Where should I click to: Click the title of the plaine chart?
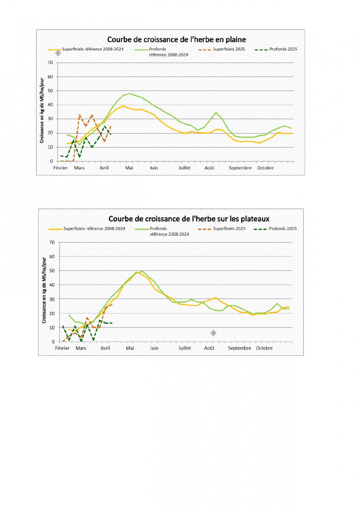pyautogui.click(x=176, y=39)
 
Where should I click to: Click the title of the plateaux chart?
pyautogui.click(x=189, y=219)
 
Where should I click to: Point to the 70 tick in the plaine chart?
pyautogui.click(x=50, y=62)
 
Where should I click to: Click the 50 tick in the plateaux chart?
pyautogui.click(x=52, y=271)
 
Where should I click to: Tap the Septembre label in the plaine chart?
pyautogui.click(x=240, y=168)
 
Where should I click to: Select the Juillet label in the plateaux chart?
pyautogui.click(x=184, y=348)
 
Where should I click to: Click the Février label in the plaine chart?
pyautogui.click(x=60, y=168)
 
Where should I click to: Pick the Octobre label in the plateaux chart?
pyautogui.click(x=264, y=348)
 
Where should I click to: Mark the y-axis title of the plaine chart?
pyautogui.click(x=42, y=110)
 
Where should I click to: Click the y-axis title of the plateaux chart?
pyautogui.click(x=44, y=291)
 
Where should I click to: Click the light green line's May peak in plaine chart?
pyautogui.click(x=129, y=94)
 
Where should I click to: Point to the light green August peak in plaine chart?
pyautogui.click(x=216, y=112)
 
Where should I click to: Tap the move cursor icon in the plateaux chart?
pyautogui.click(x=213, y=333)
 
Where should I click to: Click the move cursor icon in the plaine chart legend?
pyautogui.click(x=58, y=53)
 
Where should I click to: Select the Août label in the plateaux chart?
pyautogui.click(x=209, y=348)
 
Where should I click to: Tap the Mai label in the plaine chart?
pyautogui.click(x=129, y=168)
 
